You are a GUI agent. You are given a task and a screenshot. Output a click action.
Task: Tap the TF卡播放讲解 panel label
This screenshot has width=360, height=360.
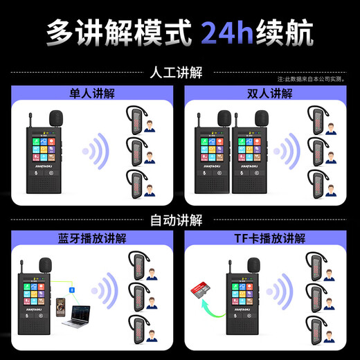click(x=269, y=239)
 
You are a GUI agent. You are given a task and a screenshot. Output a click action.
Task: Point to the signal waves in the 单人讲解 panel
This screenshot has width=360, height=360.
click(x=96, y=150)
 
